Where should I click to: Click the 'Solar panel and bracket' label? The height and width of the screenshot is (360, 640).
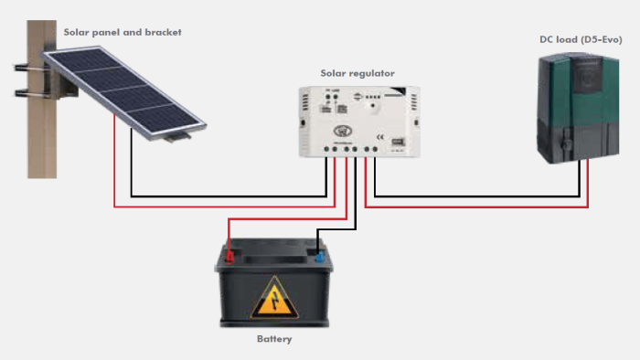coord(123,32)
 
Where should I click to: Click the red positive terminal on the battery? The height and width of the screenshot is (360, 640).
coord(229,257)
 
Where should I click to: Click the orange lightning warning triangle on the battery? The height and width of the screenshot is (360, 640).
coord(274,297)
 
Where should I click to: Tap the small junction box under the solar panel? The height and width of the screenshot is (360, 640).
coord(176,136)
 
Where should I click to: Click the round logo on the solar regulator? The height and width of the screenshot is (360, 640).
coord(343,117)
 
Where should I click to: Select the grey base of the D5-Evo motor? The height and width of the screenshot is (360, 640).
coord(576,151)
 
